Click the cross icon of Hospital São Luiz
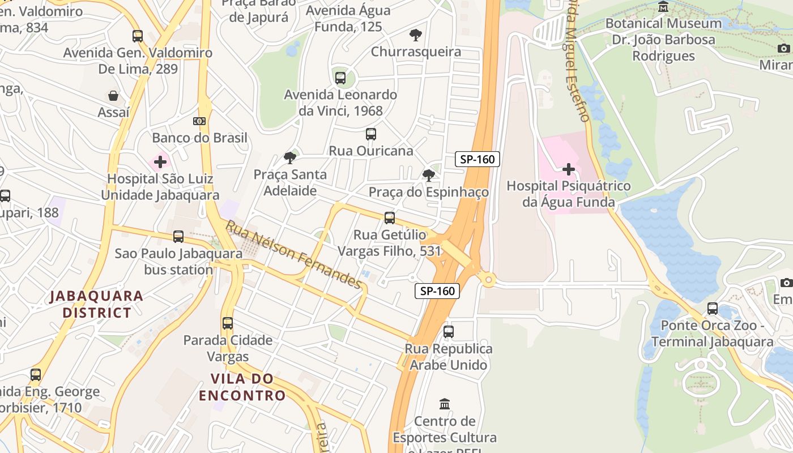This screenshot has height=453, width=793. click(x=160, y=162)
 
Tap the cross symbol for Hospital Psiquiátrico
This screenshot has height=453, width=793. click(x=568, y=169)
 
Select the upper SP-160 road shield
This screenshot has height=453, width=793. click(x=477, y=159)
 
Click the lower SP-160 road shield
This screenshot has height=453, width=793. click(x=437, y=291)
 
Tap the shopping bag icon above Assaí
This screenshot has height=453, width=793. click(x=113, y=95)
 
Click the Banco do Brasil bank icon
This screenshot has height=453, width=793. click(x=199, y=121)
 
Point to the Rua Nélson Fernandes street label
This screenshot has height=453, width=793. click(x=293, y=254)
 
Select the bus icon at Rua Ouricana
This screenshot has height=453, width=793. click(x=370, y=134)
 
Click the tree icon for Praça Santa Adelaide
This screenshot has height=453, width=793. click(x=290, y=157)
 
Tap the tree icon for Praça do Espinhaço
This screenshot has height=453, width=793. click(x=428, y=176)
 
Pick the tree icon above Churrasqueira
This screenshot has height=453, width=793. click(x=416, y=35)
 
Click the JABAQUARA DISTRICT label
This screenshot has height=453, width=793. click(x=96, y=304)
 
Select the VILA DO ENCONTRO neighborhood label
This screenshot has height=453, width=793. click(x=242, y=387)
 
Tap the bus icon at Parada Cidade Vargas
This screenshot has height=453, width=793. click(x=228, y=323)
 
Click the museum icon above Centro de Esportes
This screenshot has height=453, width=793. click(x=445, y=404)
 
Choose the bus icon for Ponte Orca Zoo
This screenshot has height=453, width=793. click(x=713, y=309)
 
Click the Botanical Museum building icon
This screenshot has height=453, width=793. click(x=663, y=7)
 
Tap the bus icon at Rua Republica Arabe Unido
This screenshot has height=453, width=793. click(x=449, y=331)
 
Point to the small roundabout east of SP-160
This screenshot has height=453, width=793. click(x=487, y=279)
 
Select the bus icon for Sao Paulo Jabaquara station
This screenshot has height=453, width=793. click(x=178, y=237)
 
